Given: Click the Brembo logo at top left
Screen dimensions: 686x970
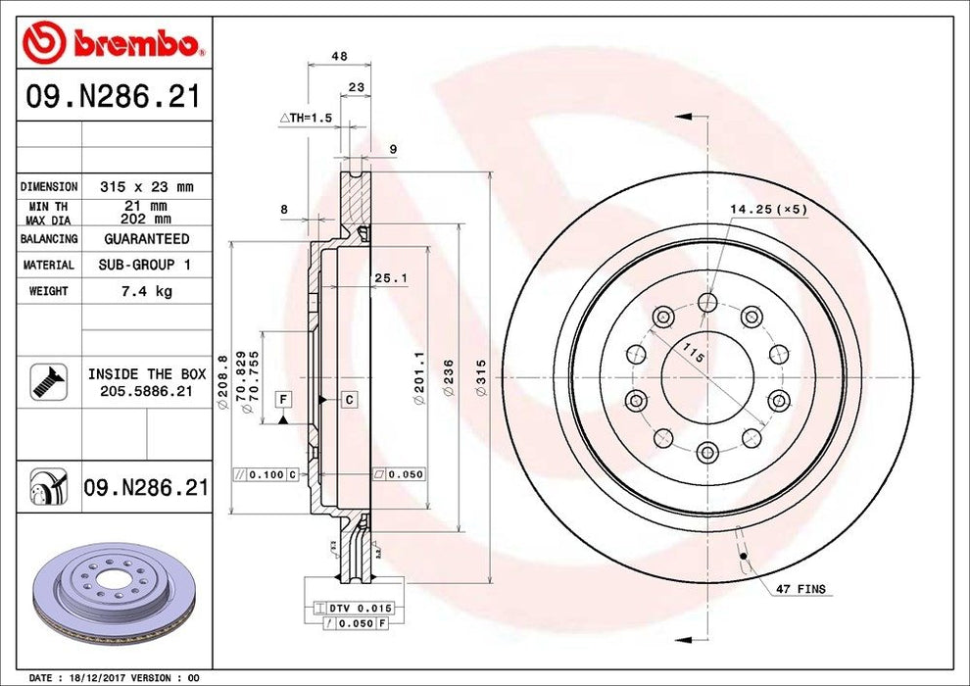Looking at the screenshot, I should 113,42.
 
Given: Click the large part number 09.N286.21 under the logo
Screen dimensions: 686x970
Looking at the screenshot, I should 113,97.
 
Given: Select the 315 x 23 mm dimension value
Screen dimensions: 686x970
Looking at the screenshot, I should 147,186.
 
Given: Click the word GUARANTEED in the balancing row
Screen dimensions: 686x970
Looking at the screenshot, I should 147,239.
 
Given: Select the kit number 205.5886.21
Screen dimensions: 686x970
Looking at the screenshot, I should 147,390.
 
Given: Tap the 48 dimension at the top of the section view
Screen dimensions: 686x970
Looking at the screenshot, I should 339,57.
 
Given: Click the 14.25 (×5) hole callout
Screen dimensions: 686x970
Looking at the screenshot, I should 768,209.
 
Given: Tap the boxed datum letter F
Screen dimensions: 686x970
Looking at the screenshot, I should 283,399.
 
